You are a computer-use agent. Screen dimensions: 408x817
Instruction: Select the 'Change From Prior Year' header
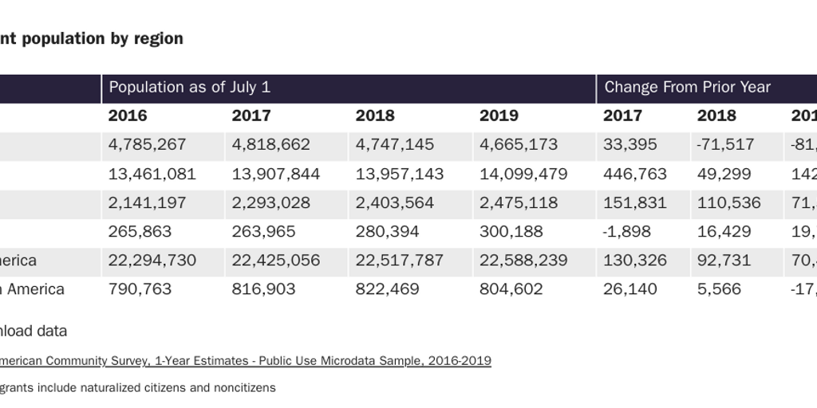(x=687, y=88)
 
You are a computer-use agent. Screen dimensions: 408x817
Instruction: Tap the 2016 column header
(x=128, y=116)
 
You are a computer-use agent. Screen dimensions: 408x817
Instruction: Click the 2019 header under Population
(x=499, y=116)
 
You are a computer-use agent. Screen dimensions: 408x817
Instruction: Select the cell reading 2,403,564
(x=394, y=202)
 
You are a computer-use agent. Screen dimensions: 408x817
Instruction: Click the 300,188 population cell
(x=511, y=231)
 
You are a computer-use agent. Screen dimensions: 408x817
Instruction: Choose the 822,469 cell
(x=387, y=289)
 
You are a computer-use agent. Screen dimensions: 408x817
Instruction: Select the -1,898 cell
(x=627, y=231)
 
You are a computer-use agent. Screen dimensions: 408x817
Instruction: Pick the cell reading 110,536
(x=728, y=202)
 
